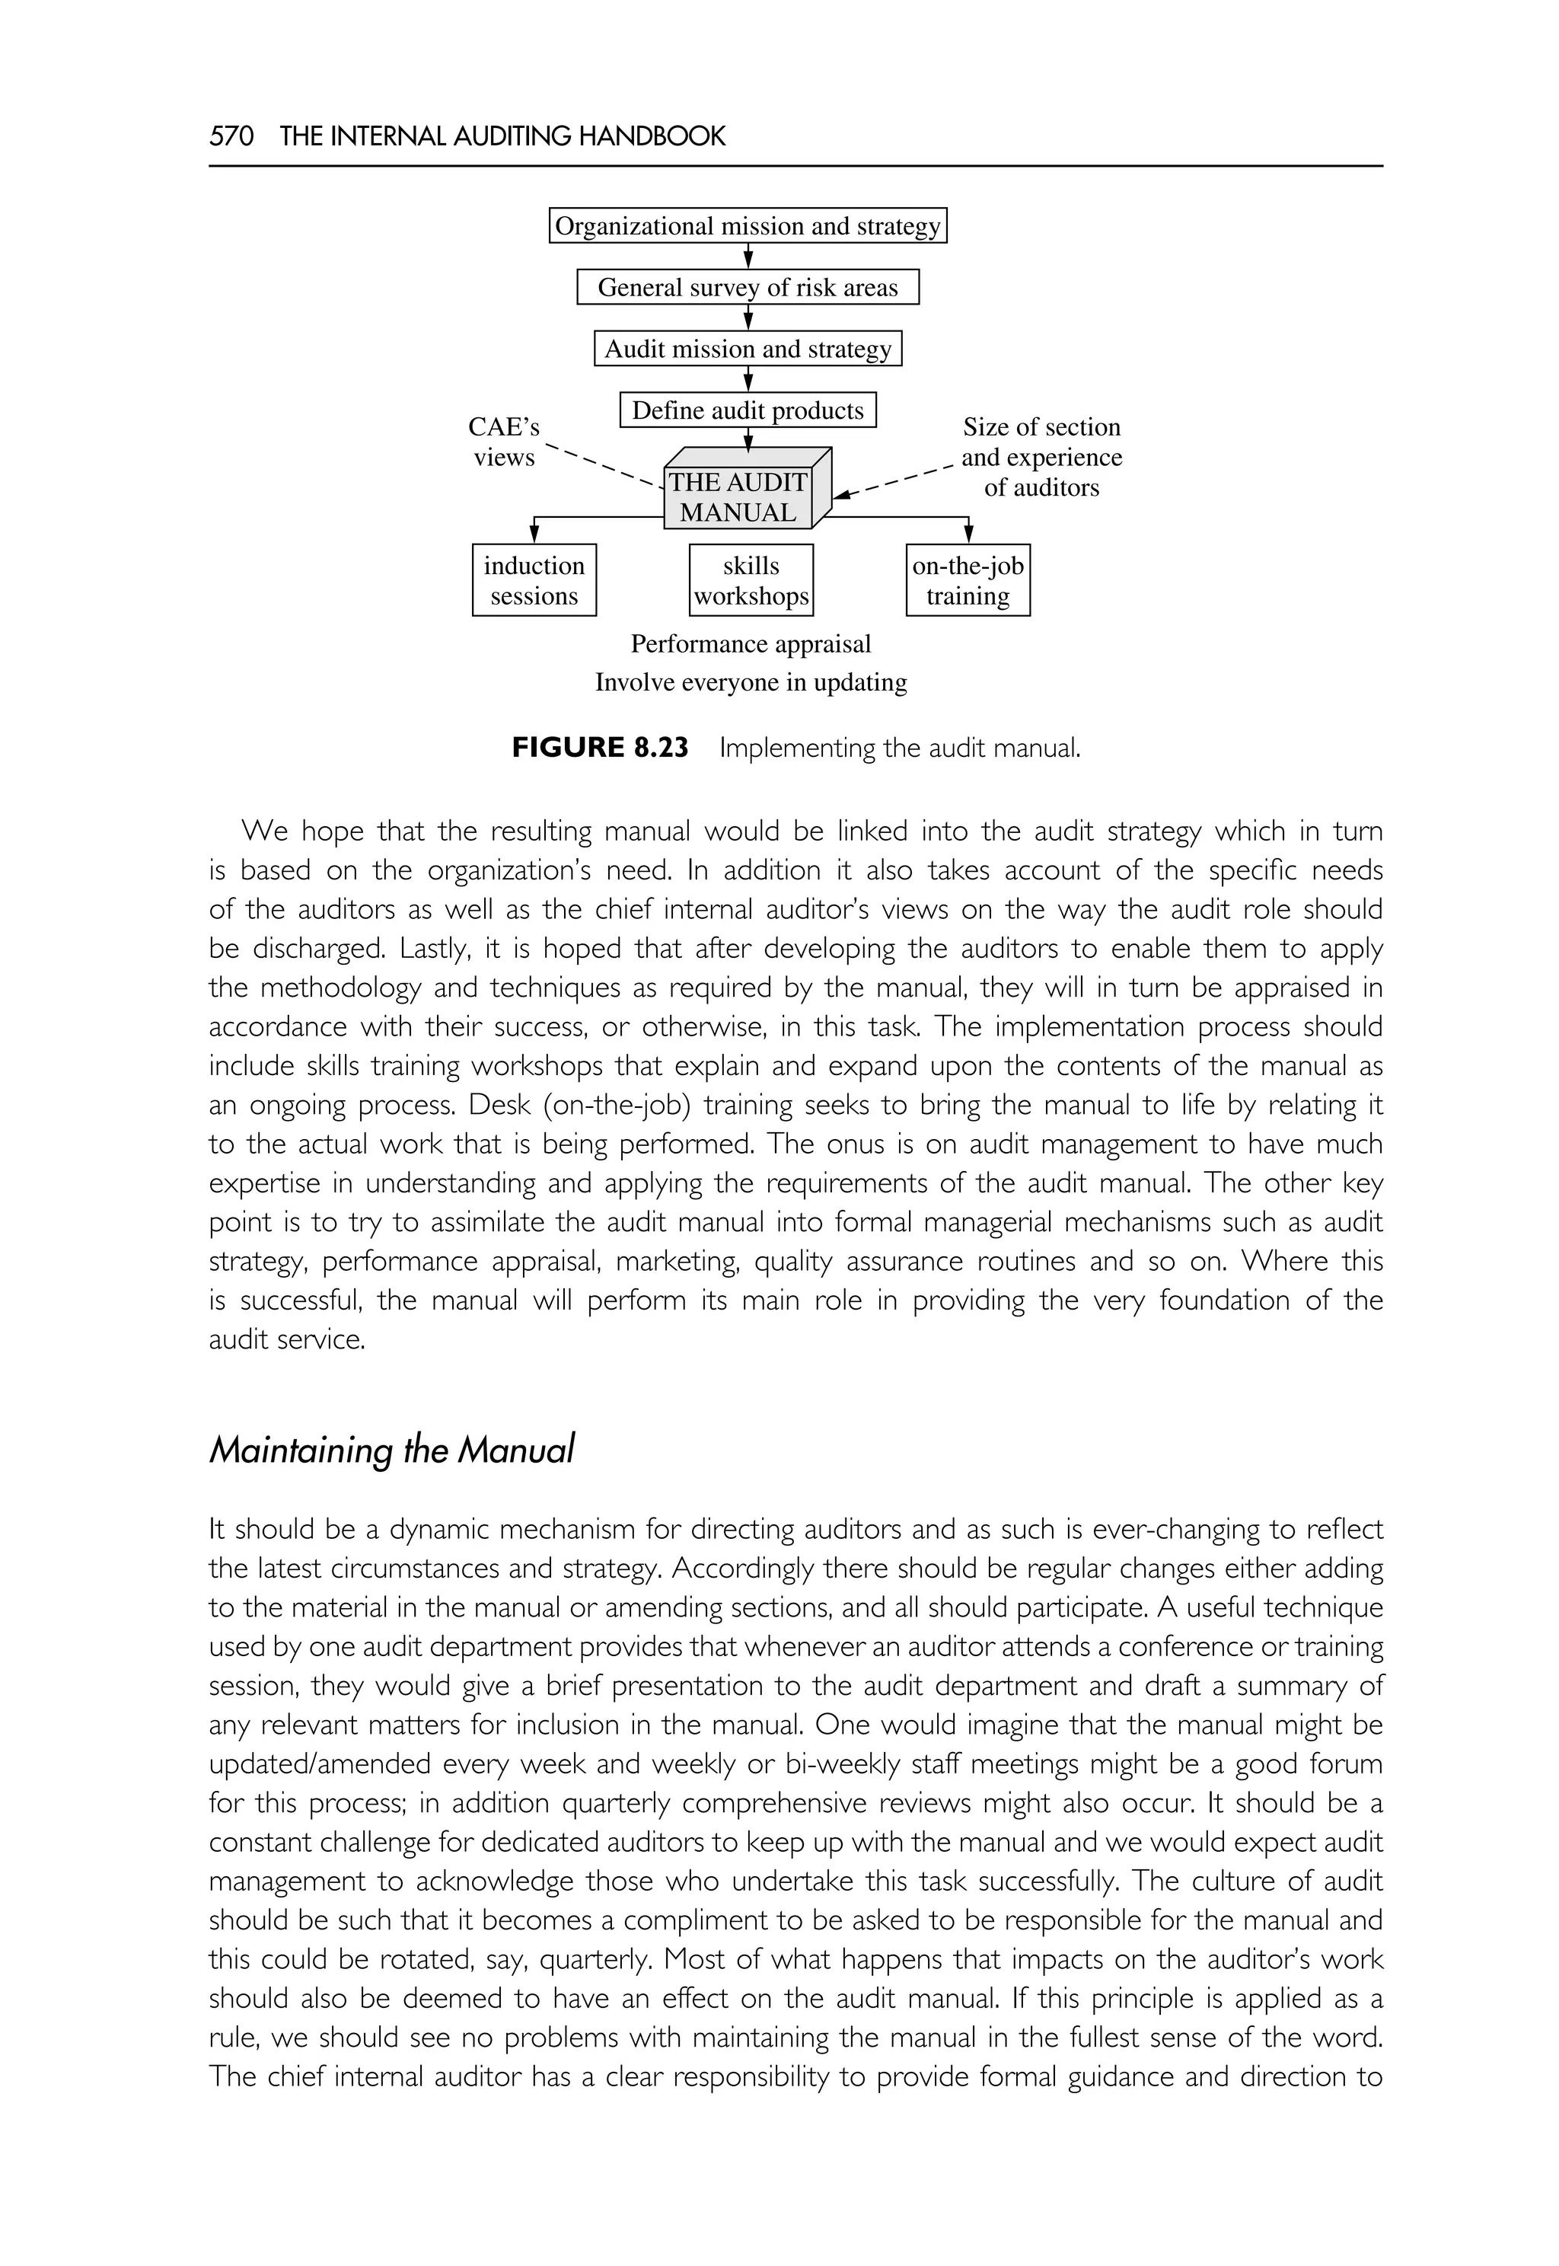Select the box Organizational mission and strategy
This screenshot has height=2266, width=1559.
[748, 225]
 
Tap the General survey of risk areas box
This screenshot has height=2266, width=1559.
[748, 287]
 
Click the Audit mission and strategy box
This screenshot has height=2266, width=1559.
[748, 349]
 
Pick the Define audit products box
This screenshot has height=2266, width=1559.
[748, 410]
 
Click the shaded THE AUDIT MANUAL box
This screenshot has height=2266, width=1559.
[738, 496]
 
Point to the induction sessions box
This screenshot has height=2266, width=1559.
[534, 580]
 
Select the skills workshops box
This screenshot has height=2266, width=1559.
[751, 580]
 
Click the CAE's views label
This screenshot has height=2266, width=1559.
[504, 442]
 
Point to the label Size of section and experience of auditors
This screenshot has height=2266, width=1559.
[1041, 458]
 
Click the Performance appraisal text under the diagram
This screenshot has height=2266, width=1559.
[751, 644]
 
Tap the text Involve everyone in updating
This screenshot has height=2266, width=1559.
[751, 682]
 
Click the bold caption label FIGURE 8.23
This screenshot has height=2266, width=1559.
[600, 748]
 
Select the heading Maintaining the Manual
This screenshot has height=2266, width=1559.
[392, 1449]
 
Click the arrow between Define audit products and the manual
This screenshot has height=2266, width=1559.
[748, 439]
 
